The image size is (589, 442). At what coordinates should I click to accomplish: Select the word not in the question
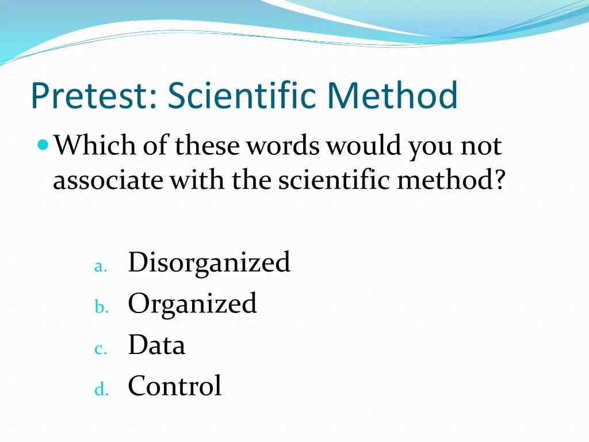[481, 146]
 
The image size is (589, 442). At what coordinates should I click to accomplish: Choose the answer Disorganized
[209, 262]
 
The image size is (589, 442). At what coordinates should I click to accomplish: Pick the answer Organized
[192, 304]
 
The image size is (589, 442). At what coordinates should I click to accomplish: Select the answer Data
[156, 345]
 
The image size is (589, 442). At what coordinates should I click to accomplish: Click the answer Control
[174, 386]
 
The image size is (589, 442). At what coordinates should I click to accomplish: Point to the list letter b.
[101, 308]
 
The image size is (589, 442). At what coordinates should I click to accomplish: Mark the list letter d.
[101, 390]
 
